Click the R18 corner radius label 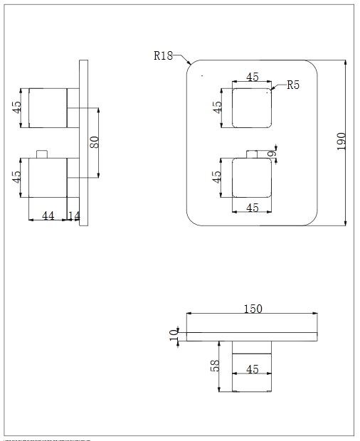[x=163, y=55]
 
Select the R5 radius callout [x=293, y=85]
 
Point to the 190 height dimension [x=341, y=142]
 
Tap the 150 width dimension [x=253, y=309]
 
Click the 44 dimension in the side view [x=48, y=215]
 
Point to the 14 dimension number [x=73, y=215]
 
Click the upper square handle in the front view [x=253, y=108]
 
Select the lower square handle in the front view [x=253, y=178]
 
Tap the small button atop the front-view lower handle [x=253, y=154]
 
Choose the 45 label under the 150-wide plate [x=253, y=370]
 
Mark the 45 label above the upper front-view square [x=253, y=78]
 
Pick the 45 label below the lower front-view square [x=253, y=208]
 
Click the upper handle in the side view [x=48, y=108]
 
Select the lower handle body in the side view [x=48, y=179]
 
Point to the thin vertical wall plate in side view [x=83, y=142]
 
